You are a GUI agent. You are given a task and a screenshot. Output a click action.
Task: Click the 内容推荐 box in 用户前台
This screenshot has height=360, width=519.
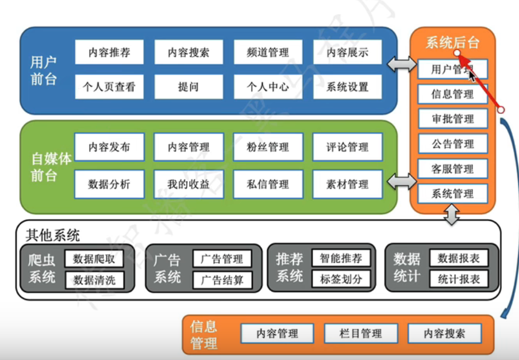tap(109, 52)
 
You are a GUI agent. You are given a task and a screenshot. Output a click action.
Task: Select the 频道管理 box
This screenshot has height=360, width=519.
tap(268, 52)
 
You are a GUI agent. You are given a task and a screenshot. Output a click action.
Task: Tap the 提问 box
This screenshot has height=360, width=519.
tap(189, 87)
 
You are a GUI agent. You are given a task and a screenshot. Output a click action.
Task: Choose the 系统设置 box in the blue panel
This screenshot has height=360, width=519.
tap(347, 87)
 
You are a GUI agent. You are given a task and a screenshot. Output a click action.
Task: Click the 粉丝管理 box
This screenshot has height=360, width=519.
tap(268, 147)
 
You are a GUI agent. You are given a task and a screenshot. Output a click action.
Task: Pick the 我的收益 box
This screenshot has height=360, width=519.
tap(189, 184)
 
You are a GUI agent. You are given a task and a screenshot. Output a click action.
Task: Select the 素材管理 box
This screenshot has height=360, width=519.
tap(347, 184)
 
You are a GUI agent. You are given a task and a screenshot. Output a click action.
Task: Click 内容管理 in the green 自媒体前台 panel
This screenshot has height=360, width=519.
tap(189, 147)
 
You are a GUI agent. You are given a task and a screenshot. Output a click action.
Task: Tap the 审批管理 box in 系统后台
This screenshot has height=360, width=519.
tap(453, 118)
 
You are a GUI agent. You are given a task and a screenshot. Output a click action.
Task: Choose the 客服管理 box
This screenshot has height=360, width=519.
tap(453, 169)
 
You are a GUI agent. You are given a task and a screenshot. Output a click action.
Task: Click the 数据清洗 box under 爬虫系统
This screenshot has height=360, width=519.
tap(94, 280)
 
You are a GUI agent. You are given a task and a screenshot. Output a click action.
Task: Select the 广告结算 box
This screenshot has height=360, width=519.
tap(222, 280)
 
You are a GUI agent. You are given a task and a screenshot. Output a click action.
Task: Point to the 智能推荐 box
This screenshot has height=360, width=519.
tap(341, 259)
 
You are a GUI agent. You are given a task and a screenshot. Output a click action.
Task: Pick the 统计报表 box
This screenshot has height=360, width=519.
tap(459, 280)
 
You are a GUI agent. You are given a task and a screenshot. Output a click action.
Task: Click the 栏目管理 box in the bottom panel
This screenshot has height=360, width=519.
tap(361, 334)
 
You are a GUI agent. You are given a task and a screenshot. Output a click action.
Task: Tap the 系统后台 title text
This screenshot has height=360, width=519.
tap(452, 43)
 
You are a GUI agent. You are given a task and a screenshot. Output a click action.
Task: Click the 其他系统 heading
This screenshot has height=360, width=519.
tap(53, 235)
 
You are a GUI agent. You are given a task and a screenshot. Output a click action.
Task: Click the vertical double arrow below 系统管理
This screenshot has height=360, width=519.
tap(453, 215)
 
